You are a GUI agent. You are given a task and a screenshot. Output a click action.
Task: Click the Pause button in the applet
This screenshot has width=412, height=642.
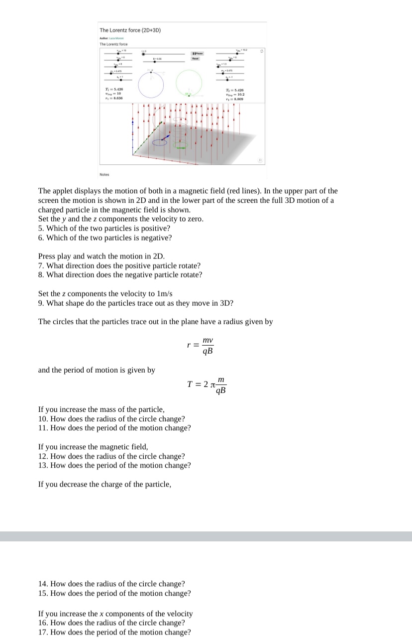(x=198, y=52)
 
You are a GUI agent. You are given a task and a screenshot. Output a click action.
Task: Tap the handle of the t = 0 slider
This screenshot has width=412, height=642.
(x=144, y=54)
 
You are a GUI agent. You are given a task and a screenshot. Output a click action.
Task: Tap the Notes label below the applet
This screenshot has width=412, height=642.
(x=104, y=174)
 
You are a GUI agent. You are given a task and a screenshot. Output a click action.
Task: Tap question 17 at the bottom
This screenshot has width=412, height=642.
(x=114, y=632)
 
